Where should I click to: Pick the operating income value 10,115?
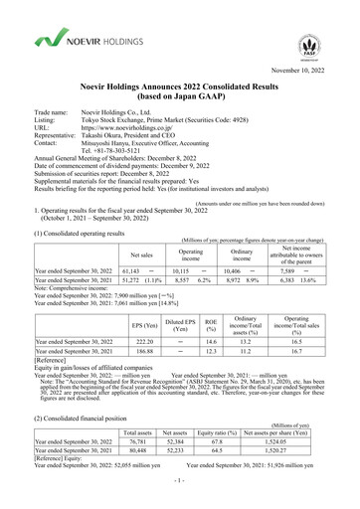tap(175, 269)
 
